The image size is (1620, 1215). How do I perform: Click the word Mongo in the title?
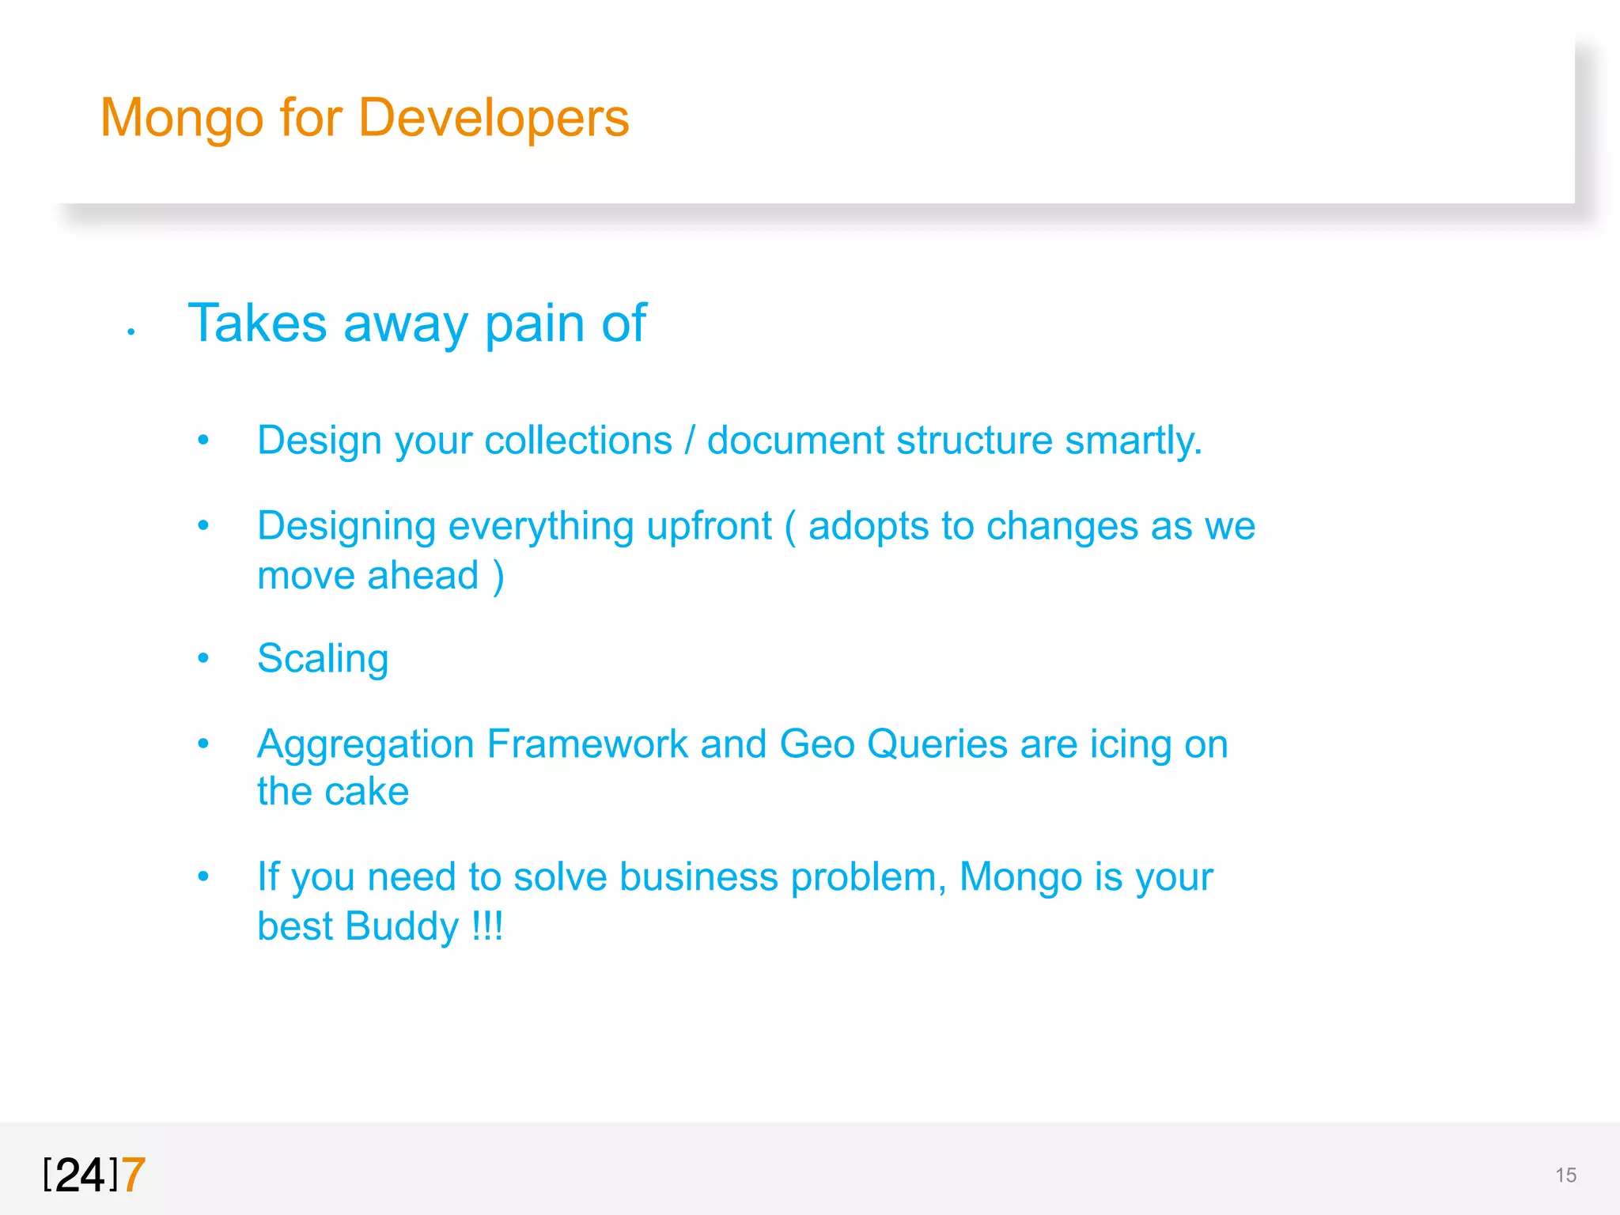tap(181, 119)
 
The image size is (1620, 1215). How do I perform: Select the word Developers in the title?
tap(494, 119)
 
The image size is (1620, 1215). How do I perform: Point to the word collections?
tap(577, 440)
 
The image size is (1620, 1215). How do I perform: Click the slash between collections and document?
tap(690, 440)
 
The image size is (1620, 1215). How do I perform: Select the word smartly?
tap(1133, 441)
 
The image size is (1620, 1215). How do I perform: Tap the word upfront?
tap(709, 527)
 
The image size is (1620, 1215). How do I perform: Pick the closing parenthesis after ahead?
tap(498, 576)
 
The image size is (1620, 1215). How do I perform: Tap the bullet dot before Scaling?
tap(203, 657)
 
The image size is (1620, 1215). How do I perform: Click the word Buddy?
tap(402, 927)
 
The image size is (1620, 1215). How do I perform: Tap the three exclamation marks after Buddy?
tap(487, 925)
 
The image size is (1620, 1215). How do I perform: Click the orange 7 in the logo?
tap(134, 1175)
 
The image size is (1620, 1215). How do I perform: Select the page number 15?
tap(1565, 1175)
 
